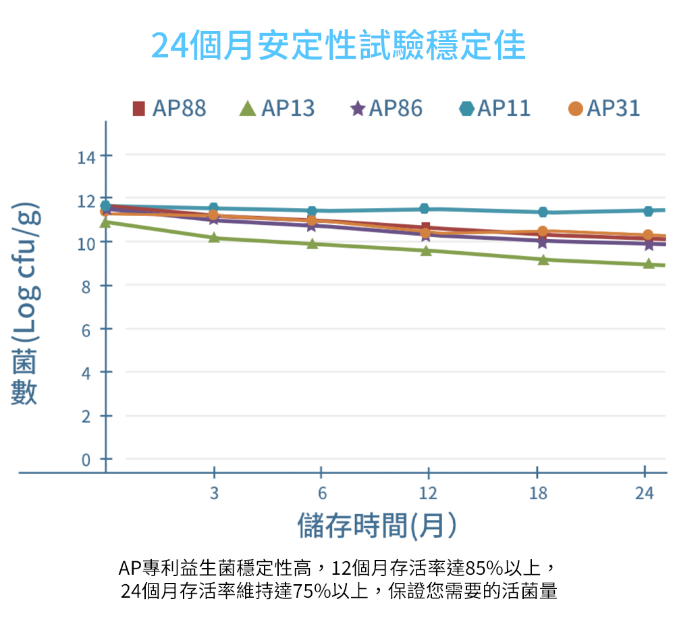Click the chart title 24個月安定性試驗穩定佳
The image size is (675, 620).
(x=337, y=45)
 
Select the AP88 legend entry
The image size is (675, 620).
(x=169, y=108)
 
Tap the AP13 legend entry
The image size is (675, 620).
(x=277, y=108)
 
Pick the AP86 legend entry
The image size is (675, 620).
(x=386, y=108)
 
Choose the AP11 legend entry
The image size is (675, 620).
(x=495, y=108)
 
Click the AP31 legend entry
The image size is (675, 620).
(x=603, y=108)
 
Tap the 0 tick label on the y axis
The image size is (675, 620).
(x=86, y=461)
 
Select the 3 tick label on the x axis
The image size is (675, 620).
(x=214, y=494)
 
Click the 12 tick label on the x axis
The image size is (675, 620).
(x=428, y=494)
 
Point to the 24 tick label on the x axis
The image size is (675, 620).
(x=645, y=494)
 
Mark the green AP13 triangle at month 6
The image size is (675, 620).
(x=312, y=243)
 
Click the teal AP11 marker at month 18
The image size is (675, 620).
(x=543, y=212)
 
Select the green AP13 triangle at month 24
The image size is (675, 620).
(x=649, y=263)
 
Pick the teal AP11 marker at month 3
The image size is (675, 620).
(x=214, y=208)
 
